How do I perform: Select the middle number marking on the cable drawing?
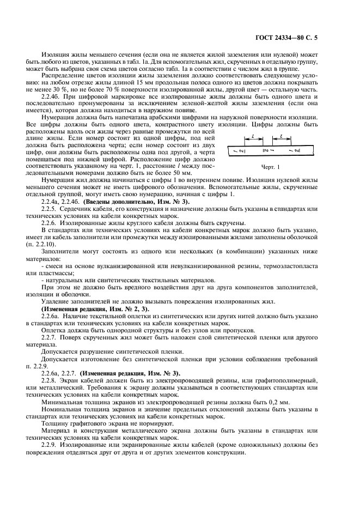266,149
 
